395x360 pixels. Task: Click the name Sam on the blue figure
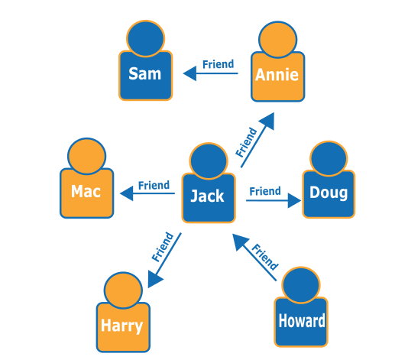click(145, 74)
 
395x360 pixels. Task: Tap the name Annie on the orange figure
click(277, 76)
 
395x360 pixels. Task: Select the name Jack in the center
click(207, 196)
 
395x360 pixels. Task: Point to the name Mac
click(86, 191)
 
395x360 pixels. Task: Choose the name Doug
click(329, 193)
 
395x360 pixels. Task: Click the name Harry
click(122, 326)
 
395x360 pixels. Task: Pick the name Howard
click(301, 321)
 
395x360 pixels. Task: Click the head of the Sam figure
click(146, 37)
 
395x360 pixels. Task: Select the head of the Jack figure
click(208, 160)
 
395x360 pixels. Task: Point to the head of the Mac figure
click(86, 155)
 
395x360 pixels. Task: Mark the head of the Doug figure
click(329, 157)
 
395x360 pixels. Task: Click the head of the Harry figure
click(123, 290)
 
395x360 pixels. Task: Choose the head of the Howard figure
click(301, 284)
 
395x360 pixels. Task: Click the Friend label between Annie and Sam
click(218, 64)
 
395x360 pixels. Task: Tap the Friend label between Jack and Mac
click(154, 185)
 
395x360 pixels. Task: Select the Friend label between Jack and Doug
click(265, 191)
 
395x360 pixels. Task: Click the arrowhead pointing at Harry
click(154, 278)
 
